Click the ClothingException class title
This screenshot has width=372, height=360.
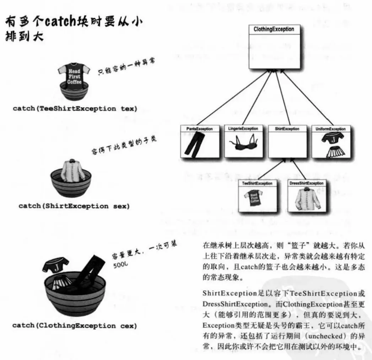pos(274,29)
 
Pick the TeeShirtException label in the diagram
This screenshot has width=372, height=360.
pos(258,183)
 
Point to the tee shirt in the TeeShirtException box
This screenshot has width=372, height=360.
pos(253,198)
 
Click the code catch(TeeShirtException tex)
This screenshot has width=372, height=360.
pos(75,109)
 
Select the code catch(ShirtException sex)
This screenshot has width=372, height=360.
pos(74,206)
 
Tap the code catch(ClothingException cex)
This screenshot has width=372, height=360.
pos(74,326)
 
